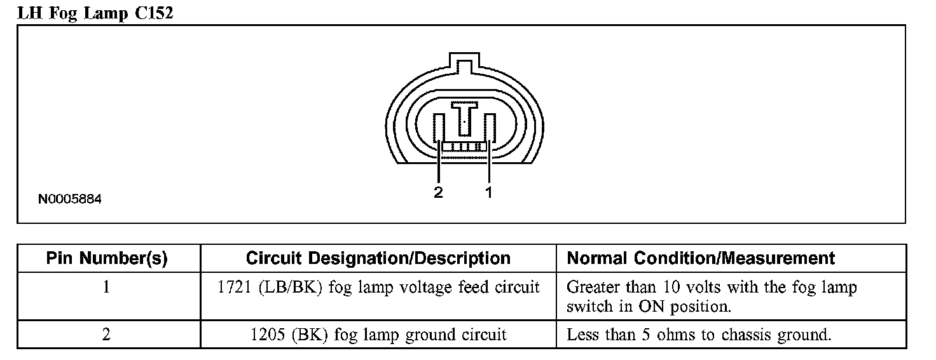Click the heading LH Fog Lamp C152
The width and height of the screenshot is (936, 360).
pyautogui.click(x=95, y=13)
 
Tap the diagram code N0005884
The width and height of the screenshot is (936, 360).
pyautogui.click(x=69, y=199)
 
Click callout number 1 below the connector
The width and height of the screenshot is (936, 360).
pyautogui.click(x=489, y=192)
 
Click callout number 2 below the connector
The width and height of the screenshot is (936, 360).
pyautogui.click(x=438, y=192)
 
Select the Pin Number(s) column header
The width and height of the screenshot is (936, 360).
pyautogui.click(x=107, y=258)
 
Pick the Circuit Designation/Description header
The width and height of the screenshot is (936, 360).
pyautogui.click(x=378, y=258)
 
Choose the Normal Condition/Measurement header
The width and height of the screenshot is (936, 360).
pyautogui.click(x=701, y=258)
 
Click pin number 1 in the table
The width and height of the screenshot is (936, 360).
pyautogui.click(x=106, y=287)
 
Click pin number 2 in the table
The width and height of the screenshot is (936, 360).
pyautogui.click(x=106, y=335)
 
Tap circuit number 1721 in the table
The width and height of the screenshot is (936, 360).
pyautogui.click(x=235, y=287)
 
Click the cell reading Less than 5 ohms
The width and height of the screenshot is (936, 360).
pyautogui.click(x=699, y=335)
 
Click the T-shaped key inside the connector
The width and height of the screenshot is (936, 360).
pyautogui.click(x=466, y=118)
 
